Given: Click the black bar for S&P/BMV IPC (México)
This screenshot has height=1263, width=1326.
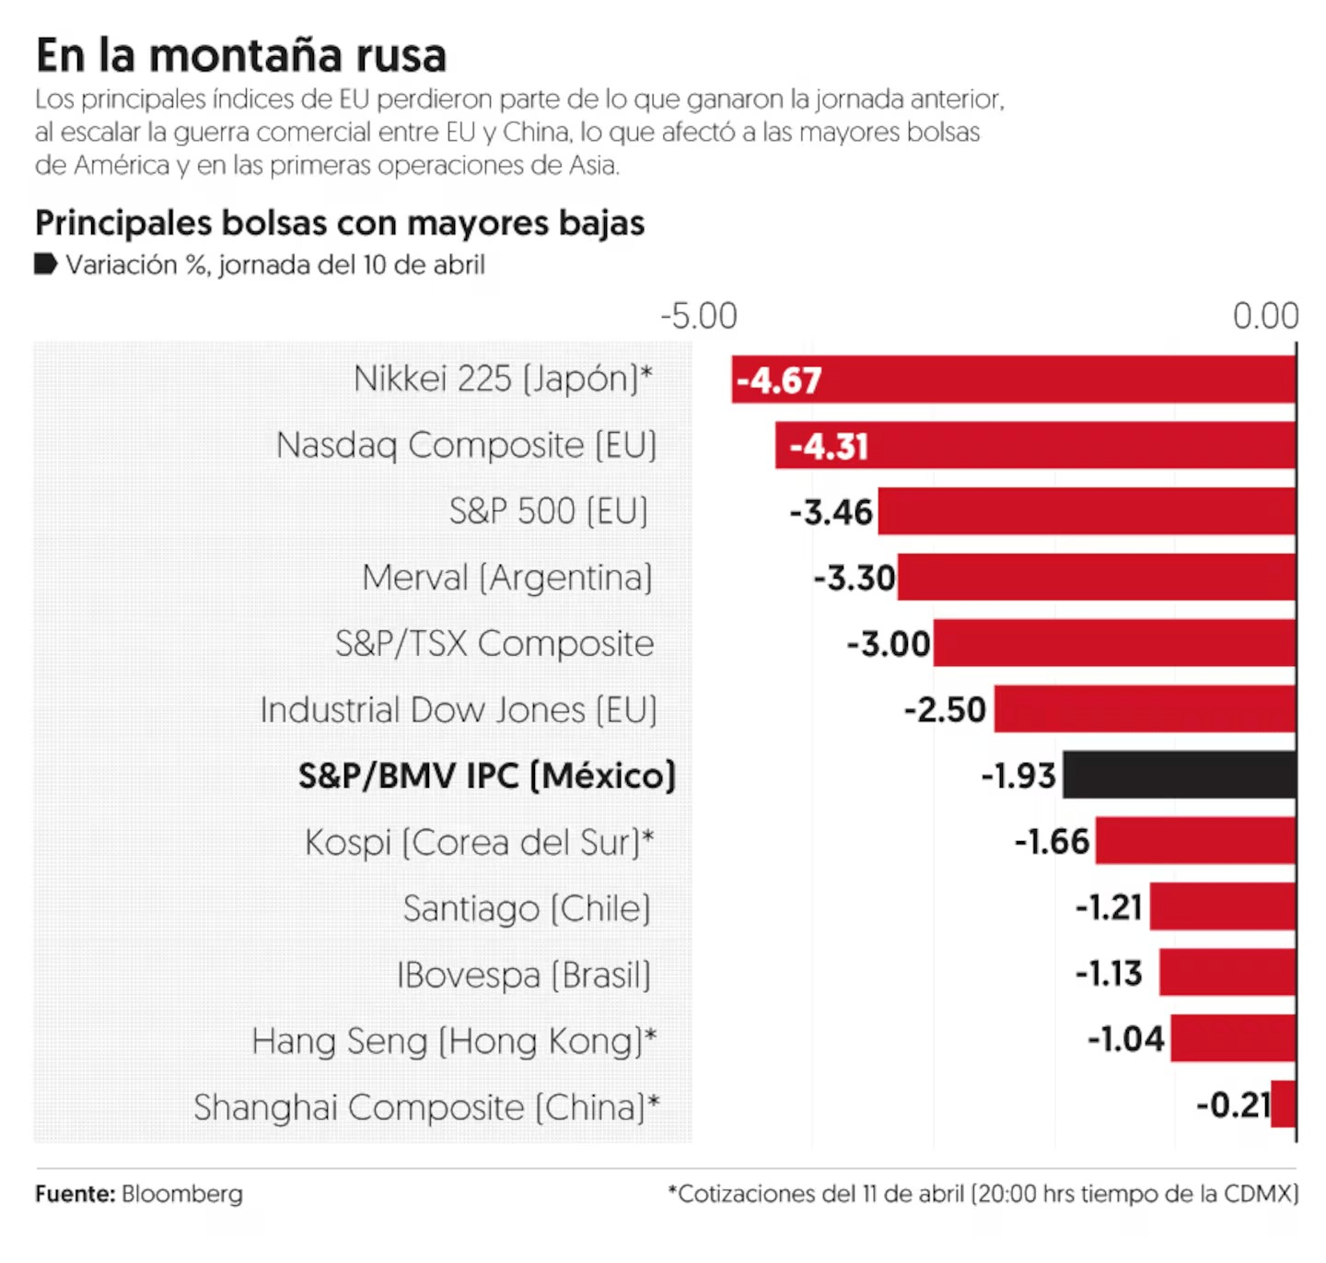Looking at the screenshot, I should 1179,775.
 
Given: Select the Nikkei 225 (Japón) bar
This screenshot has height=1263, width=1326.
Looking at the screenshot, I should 1013,380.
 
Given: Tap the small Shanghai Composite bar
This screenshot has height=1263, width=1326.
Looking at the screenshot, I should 1283,1105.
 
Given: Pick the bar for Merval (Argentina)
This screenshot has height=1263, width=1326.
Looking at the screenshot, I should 1096,578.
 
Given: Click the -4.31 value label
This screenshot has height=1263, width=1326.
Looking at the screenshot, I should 829,447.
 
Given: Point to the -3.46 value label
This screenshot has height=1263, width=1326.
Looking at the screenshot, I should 831,512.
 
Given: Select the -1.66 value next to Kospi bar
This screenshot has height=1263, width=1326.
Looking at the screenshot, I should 1052,841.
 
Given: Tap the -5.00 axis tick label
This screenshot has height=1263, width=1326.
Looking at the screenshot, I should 699,316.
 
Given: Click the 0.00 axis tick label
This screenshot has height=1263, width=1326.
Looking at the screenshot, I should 1265,316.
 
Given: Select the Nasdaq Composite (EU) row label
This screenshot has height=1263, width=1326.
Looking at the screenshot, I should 466,445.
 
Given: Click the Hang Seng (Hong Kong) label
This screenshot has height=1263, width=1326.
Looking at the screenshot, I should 454,1041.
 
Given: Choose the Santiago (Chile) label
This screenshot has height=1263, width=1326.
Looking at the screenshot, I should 527,908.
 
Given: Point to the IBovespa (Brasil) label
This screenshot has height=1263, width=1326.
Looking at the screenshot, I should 523,975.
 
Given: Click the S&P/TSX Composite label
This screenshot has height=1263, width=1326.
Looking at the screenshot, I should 494,643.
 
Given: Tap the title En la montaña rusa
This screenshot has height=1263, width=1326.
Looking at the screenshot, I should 241,55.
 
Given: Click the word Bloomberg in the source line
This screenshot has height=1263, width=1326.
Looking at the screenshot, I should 182,1194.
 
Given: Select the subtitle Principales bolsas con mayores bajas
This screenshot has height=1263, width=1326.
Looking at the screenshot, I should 340,223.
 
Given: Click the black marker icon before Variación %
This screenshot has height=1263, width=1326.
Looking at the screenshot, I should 46,264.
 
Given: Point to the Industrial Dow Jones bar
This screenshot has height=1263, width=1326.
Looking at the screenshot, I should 1145,708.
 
